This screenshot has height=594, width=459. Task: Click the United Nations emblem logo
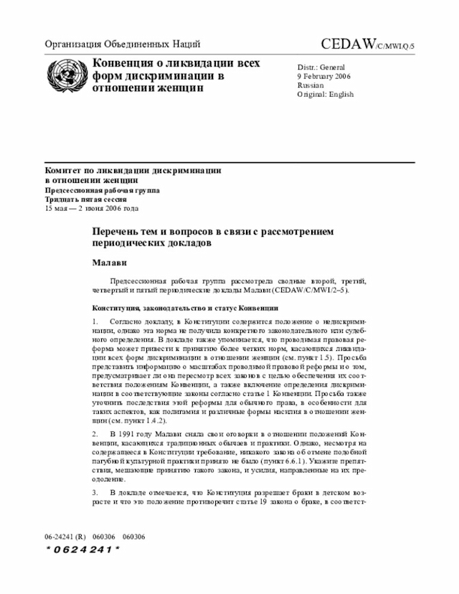click(x=66, y=75)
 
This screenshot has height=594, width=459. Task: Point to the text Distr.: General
click(x=321, y=67)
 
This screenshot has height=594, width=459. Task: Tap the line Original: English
click(x=325, y=94)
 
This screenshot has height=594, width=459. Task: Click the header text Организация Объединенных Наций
click(x=123, y=44)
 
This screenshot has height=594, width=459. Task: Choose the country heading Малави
click(x=108, y=263)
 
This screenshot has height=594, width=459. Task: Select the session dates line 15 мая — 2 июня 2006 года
click(x=91, y=208)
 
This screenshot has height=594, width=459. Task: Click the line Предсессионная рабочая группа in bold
click(x=103, y=190)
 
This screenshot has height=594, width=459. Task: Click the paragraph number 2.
click(x=95, y=435)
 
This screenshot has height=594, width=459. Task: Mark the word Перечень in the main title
click(x=116, y=232)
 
